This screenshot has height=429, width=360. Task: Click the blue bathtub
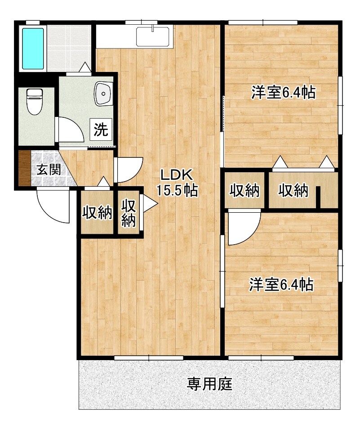coord(32,49)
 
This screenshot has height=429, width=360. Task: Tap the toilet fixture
coord(34,102)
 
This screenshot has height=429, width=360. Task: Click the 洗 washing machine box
coord(101,130)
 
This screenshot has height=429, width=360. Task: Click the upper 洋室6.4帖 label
coord(282,93)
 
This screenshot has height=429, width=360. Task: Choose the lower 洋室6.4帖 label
coord(281,284)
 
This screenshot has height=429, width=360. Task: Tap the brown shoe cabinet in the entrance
coord(24,169)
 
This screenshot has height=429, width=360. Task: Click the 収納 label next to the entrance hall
coord(97,213)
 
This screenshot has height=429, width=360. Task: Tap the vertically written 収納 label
coord(129,213)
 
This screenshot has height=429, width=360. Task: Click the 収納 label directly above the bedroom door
coord(245,190)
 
